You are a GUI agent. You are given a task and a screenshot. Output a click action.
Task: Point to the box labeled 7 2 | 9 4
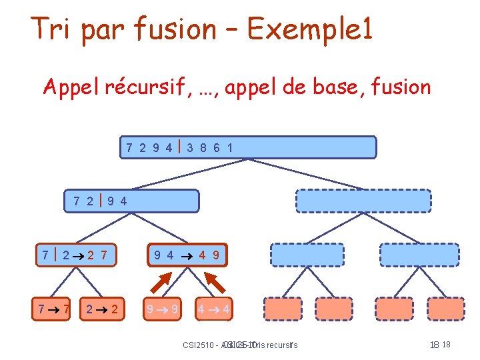pos(132,200)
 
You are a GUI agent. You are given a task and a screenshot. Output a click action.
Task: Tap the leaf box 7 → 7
pos(53,309)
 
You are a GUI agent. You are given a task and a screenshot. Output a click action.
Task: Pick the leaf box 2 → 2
pos(103,309)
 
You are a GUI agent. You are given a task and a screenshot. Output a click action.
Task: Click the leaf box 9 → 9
pos(163,309)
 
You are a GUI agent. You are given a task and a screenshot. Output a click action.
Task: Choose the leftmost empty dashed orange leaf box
pos(283,309)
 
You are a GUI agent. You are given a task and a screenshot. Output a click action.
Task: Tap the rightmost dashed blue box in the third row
pos(419,254)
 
